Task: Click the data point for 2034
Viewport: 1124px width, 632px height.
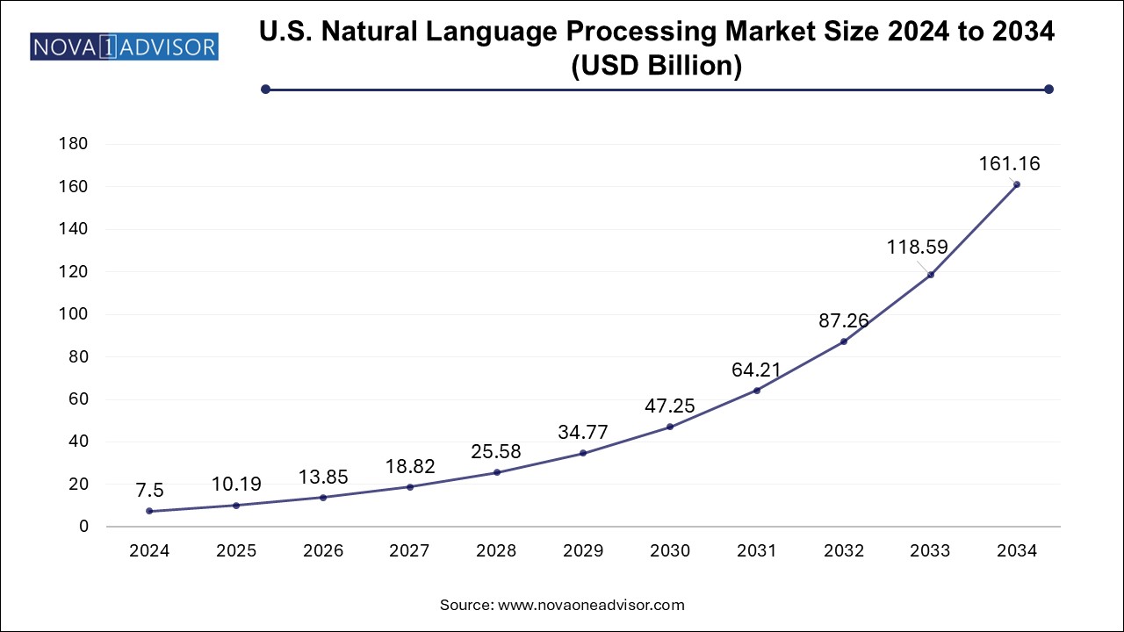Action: (1017, 184)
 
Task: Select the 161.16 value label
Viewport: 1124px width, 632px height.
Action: (1005, 163)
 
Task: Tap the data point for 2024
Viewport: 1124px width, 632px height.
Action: (149, 511)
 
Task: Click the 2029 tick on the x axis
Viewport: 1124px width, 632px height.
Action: (583, 551)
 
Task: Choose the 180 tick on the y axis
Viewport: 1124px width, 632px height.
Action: (75, 145)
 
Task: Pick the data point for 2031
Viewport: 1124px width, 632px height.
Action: (757, 390)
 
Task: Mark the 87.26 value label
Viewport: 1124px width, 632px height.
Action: (843, 321)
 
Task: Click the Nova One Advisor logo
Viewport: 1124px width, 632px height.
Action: (124, 46)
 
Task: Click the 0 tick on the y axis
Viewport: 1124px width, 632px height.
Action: (83, 527)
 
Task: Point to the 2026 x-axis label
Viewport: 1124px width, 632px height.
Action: (322, 551)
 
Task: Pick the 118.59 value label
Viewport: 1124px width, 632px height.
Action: (917, 248)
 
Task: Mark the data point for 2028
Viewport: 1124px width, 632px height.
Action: (497, 472)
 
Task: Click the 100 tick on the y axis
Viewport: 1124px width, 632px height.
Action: (75, 314)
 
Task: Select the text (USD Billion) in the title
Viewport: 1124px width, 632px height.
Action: (656, 67)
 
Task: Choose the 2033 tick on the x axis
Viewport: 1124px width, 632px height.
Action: (930, 551)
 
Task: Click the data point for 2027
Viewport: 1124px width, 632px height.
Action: (410, 486)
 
